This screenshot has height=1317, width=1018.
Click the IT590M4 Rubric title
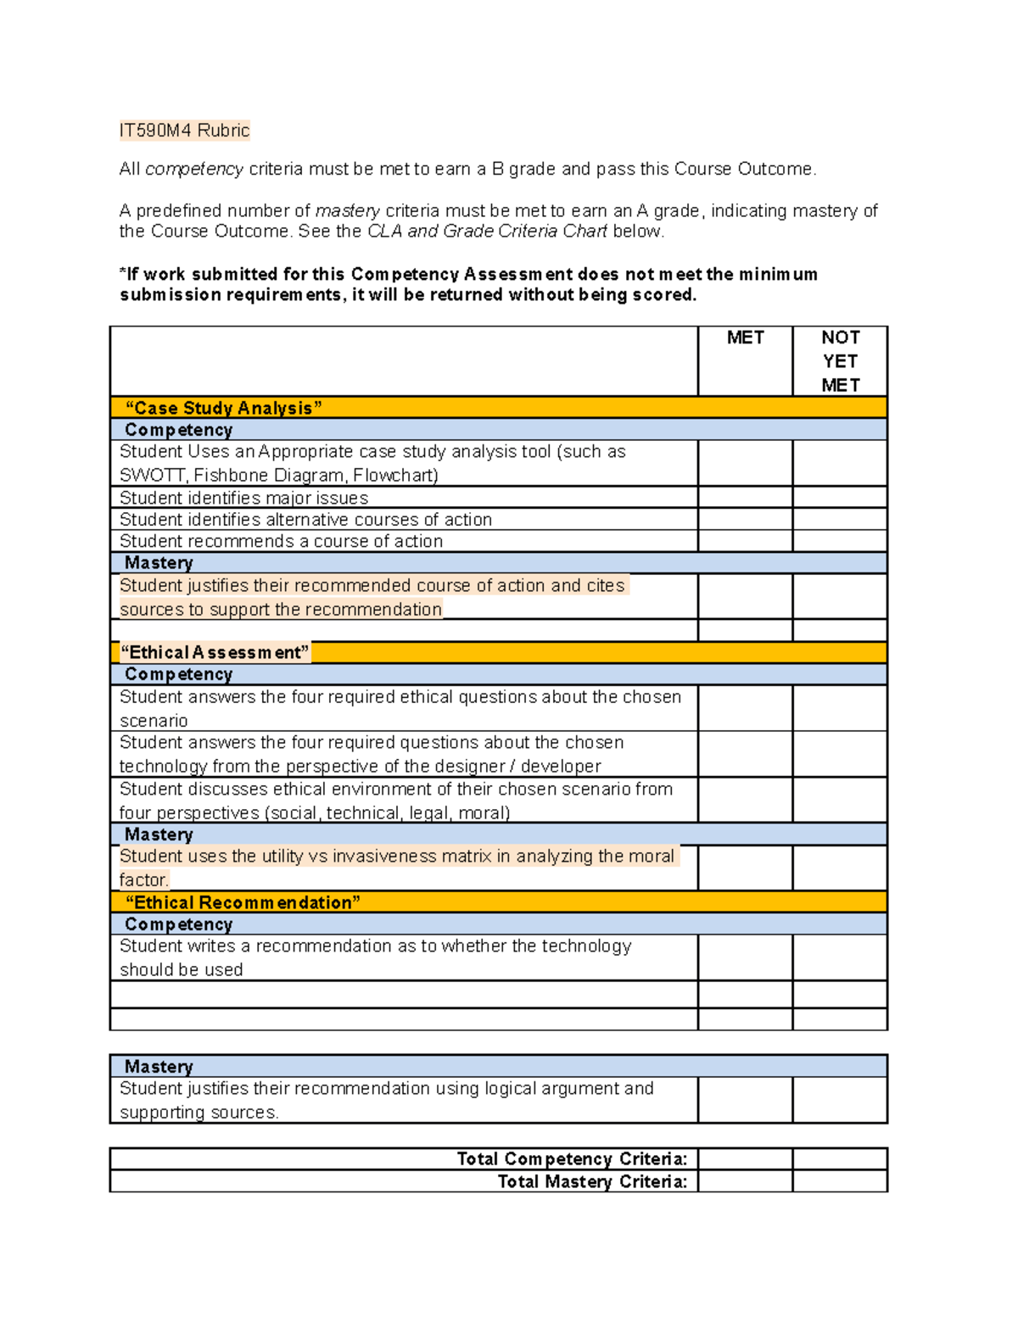click(184, 131)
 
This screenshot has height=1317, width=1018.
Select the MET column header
click(745, 338)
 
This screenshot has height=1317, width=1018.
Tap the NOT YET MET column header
click(840, 361)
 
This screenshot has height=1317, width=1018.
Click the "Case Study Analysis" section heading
click(223, 408)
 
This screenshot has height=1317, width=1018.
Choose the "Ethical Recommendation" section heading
click(243, 902)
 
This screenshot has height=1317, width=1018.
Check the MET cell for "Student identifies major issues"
click(745, 498)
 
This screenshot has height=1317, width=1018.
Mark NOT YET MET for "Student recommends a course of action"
click(840, 541)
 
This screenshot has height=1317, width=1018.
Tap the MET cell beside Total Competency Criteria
click(745, 1159)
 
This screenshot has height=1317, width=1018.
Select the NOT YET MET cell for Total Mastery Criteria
click(840, 1181)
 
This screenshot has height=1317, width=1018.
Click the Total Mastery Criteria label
click(592, 1181)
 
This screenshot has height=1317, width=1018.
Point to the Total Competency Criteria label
click(572, 1159)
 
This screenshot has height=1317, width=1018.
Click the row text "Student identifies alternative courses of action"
click(305, 519)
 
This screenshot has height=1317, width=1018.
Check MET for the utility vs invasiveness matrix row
click(745, 868)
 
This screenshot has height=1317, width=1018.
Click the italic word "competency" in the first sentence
click(194, 169)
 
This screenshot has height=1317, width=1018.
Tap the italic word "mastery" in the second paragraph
click(348, 210)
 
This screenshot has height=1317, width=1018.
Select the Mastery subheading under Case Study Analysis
click(159, 563)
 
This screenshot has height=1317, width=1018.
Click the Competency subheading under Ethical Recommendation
click(178, 924)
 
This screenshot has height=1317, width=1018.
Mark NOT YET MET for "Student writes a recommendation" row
click(840, 957)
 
